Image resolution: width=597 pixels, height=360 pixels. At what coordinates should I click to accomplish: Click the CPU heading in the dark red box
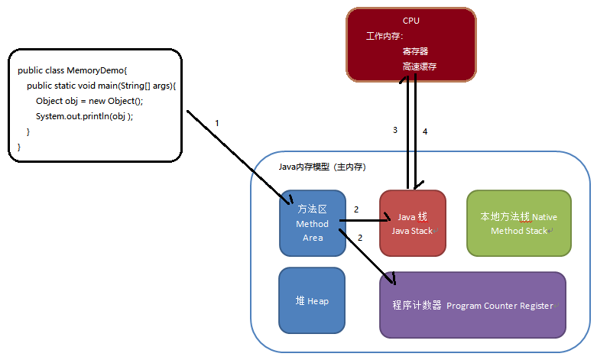(x=411, y=21)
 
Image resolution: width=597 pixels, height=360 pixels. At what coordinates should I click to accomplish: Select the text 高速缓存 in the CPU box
(x=420, y=67)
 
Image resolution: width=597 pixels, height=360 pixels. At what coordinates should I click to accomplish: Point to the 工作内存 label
(x=384, y=36)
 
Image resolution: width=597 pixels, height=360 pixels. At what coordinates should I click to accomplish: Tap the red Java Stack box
(x=412, y=223)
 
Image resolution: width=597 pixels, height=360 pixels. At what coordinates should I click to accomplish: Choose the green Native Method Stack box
(x=518, y=223)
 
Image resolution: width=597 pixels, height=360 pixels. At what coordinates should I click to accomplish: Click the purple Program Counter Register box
(x=472, y=305)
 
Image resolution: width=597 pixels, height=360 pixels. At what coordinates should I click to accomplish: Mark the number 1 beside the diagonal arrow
(x=217, y=123)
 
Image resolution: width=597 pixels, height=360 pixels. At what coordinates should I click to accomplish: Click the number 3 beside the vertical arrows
(x=395, y=131)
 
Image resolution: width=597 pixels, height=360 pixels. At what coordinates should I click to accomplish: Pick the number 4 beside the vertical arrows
(x=425, y=131)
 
